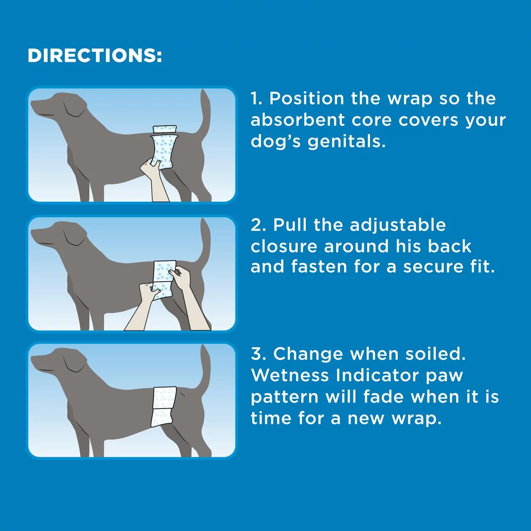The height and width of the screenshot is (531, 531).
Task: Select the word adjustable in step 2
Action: click(x=398, y=225)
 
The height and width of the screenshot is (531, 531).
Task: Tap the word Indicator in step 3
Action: click(x=377, y=375)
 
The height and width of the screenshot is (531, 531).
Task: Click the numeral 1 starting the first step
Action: click(x=256, y=99)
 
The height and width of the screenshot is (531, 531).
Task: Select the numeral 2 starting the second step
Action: click(x=257, y=225)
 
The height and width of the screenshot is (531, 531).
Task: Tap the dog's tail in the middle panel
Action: click(x=205, y=241)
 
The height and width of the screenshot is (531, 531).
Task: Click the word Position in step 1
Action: click(x=307, y=99)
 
